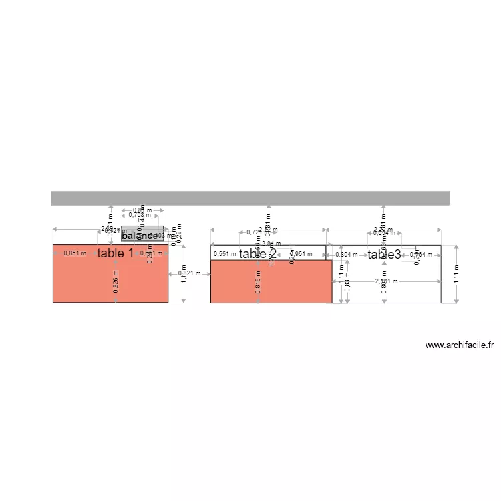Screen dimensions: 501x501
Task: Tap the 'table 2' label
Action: (x=258, y=254)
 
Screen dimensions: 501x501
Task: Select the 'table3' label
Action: (x=384, y=254)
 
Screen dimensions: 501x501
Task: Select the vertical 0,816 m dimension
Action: (x=258, y=283)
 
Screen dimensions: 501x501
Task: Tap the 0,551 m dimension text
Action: (x=224, y=254)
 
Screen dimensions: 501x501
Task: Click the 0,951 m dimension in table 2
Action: (x=301, y=254)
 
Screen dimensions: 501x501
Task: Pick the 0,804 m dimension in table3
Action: (x=346, y=254)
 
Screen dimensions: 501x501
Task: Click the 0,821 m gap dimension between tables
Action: (x=189, y=273)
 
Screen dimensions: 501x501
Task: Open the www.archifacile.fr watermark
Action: (x=460, y=345)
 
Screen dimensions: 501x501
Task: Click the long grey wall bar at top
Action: (x=251, y=198)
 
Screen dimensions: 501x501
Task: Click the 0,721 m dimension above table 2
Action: (x=255, y=232)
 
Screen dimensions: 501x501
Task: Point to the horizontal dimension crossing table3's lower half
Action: (x=384, y=282)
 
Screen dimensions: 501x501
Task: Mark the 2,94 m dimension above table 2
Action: (x=271, y=244)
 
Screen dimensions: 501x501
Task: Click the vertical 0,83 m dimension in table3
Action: (x=347, y=286)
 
